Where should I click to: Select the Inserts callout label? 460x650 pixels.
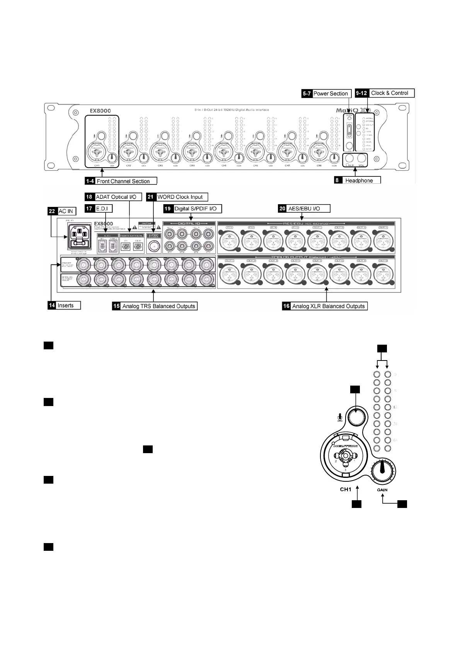(x=65, y=305)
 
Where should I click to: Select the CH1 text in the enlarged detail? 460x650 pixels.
(x=345, y=489)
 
